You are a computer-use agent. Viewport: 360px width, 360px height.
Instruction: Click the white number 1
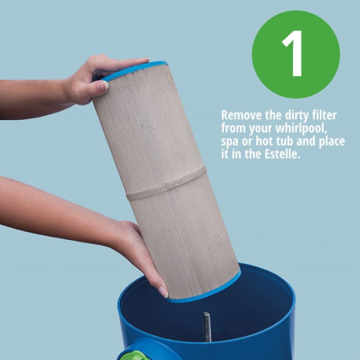tap(293, 53)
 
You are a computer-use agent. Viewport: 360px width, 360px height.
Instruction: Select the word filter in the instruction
tap(323, 115)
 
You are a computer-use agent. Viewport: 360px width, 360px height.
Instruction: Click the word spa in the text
tap(230, 142)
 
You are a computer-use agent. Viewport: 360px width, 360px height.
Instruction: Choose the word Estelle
tap(282, 154)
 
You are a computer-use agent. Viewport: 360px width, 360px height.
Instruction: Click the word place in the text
tap(332, 142)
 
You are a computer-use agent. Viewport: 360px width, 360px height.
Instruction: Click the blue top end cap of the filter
tap(134, 70)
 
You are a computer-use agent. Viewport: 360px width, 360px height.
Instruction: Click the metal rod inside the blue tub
tap(207, 327)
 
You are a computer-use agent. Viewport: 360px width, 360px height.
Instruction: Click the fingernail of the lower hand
tap(163, 292)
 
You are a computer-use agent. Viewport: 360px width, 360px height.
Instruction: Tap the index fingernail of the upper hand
tap(102, 86)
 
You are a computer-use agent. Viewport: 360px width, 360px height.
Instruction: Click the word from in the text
tap(234, 128)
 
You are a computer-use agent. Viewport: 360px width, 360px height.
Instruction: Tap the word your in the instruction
tap(261, 130)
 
